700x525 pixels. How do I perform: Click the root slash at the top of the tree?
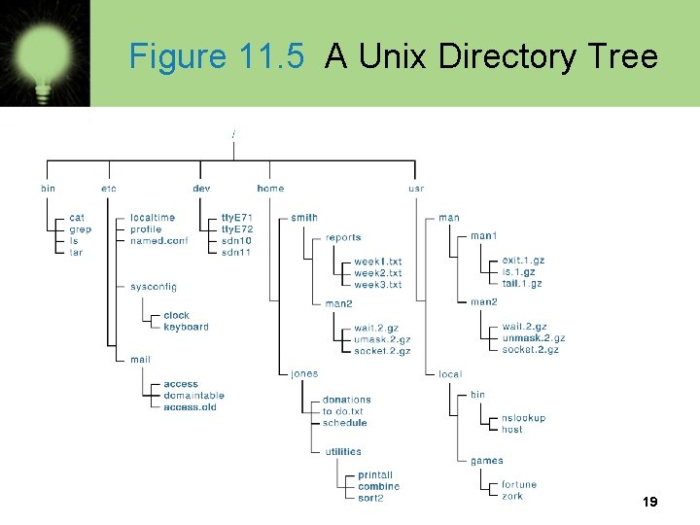pyautogui.click(x=233, y=132)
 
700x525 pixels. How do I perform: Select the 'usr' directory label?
pyautogui.click(x=416, y=189)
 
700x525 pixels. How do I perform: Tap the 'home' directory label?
pyautogui.click(x=270, y=189)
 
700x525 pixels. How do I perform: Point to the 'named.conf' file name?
pyautogui.click(x=159, y=241)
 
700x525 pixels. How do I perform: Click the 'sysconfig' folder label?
pyautogui.click(x=154, y=287)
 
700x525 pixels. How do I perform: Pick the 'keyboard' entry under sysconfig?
pyautogui.click(x=186, y=327)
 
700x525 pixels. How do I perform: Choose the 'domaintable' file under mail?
pyautogui.click(x=193, y=396)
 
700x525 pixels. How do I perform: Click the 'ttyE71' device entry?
pyautogui.click(x=237, y=218)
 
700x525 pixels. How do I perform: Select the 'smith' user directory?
pyautogui.click(x=303, y=218)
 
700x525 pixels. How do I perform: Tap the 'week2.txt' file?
pyautogui.click(x=377, y=273)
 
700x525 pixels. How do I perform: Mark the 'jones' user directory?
pyautogui.click(x=303, y=373)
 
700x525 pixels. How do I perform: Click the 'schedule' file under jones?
pyautogui.click(x=344, y=423)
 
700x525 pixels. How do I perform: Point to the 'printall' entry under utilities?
pyautogui.click(x=375, y=475)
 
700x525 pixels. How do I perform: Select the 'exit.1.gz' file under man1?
pyautogui.click(x=523, y=261)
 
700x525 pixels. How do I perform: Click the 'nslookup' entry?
pyautogui.click(x=523, y=418)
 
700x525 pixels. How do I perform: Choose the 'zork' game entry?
pyautogui.click(x=512, y=496)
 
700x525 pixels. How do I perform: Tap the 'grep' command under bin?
pyautogui.click(x=80, y=229)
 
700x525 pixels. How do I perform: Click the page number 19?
pyautogui.click(x=650, y=503)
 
